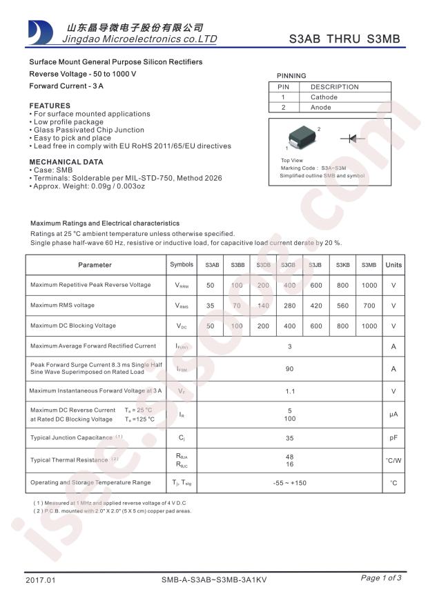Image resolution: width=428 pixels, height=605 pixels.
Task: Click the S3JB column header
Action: (x=315, y=265)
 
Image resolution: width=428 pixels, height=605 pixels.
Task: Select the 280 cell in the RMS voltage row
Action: (x=289, y=306)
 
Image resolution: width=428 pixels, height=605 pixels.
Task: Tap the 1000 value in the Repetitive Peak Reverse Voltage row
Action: (x=369, y=286)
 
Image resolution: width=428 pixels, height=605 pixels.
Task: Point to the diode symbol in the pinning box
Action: (x=352, y=139)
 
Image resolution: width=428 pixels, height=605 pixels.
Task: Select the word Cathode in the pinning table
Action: (x=324, y=97)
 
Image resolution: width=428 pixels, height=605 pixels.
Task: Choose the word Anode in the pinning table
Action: (x=321, y=108)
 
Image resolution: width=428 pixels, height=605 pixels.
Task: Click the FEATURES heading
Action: (x=50, y=106)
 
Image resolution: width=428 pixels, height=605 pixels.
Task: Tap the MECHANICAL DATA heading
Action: (x=66, y=162)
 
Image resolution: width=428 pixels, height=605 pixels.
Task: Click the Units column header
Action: (x=393, y=265)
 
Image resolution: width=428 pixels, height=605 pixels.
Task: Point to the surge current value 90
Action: (x=289, y=369)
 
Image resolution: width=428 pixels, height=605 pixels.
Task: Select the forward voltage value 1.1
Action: (x=289, y=391)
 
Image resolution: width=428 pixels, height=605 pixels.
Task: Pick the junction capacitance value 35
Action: (x=289, y=437)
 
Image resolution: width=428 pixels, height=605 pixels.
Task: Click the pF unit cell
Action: (x=393, y=437)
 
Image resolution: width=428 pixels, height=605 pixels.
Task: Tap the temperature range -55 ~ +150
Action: (x=289, y=483)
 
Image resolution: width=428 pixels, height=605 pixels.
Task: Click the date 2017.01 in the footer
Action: (x=40, y=580)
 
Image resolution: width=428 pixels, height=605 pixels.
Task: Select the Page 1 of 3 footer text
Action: (x=380, y=578)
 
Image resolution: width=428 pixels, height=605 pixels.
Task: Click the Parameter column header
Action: (x=95, y=265)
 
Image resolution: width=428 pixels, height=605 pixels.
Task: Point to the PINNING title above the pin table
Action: (x=291, y=76)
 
